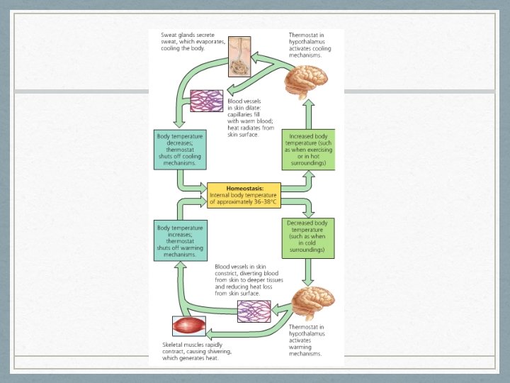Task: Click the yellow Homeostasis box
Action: pos(244,195)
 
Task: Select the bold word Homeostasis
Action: pos(243,188)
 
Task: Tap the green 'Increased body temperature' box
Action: pos(308,150)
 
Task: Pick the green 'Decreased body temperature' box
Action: pos(308,237)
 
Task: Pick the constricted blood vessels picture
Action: pos(253,311)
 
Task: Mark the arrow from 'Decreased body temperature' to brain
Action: pos(308,271)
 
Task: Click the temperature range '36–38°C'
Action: pos(263,202)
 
